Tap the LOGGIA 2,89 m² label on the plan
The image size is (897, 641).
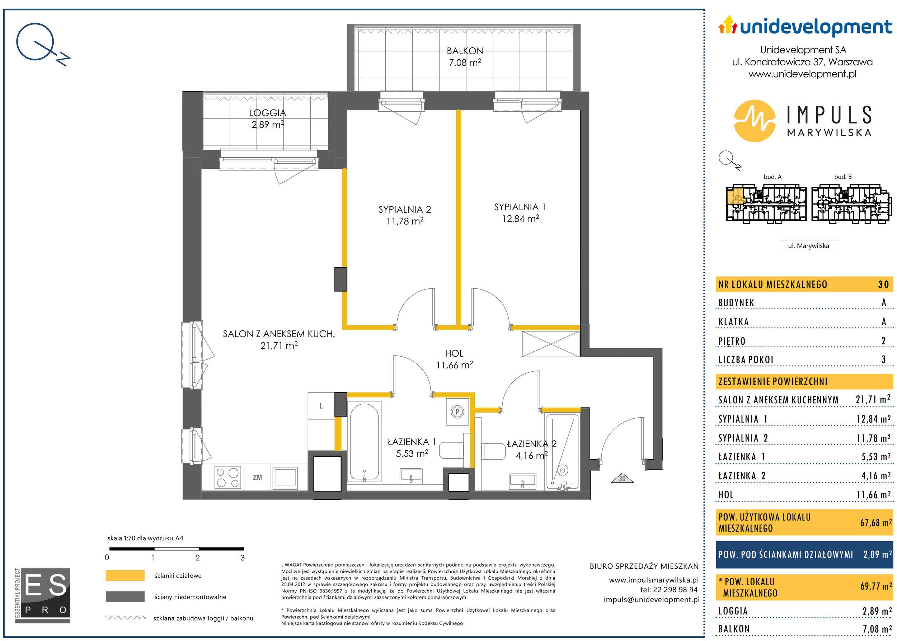tap(268, 119)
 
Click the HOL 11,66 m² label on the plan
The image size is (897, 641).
tap(454, 359)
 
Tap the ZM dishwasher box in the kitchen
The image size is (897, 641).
tap(257, 478)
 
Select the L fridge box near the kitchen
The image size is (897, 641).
tap(321, 406)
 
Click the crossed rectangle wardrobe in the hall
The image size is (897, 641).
tap(550, 344)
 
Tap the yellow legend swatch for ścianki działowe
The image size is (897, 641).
tap(125, 576)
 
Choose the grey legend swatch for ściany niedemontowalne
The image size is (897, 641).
tap(125, 596)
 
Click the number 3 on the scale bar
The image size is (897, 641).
tap(243, 558)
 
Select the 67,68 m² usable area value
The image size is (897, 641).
tap(876, 522)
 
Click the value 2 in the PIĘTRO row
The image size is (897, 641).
tap(884, 341)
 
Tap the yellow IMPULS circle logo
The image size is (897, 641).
tap(755, 120)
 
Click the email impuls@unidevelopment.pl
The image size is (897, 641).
tap(651, 600)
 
